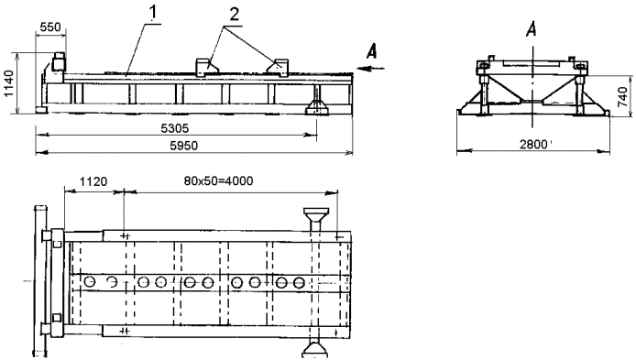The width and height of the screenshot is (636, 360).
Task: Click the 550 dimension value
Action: point(50,27)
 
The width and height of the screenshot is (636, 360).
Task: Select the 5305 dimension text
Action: point(175,128)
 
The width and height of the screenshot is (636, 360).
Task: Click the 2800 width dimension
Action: point(533,145)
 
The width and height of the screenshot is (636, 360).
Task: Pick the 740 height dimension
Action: point(624,97)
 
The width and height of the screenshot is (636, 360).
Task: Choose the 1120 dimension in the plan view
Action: point(93,181)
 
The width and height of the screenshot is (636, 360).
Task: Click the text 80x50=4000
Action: point(218,180)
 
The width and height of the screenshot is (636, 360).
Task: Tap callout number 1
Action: point(152,14)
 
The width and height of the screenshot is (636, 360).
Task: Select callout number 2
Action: point(234,15)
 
